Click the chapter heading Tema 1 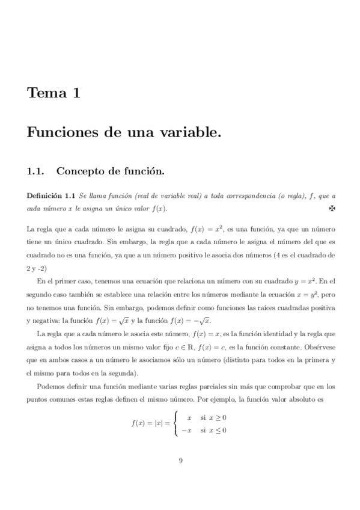coord(53,93)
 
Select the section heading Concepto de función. coord(110,171)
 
